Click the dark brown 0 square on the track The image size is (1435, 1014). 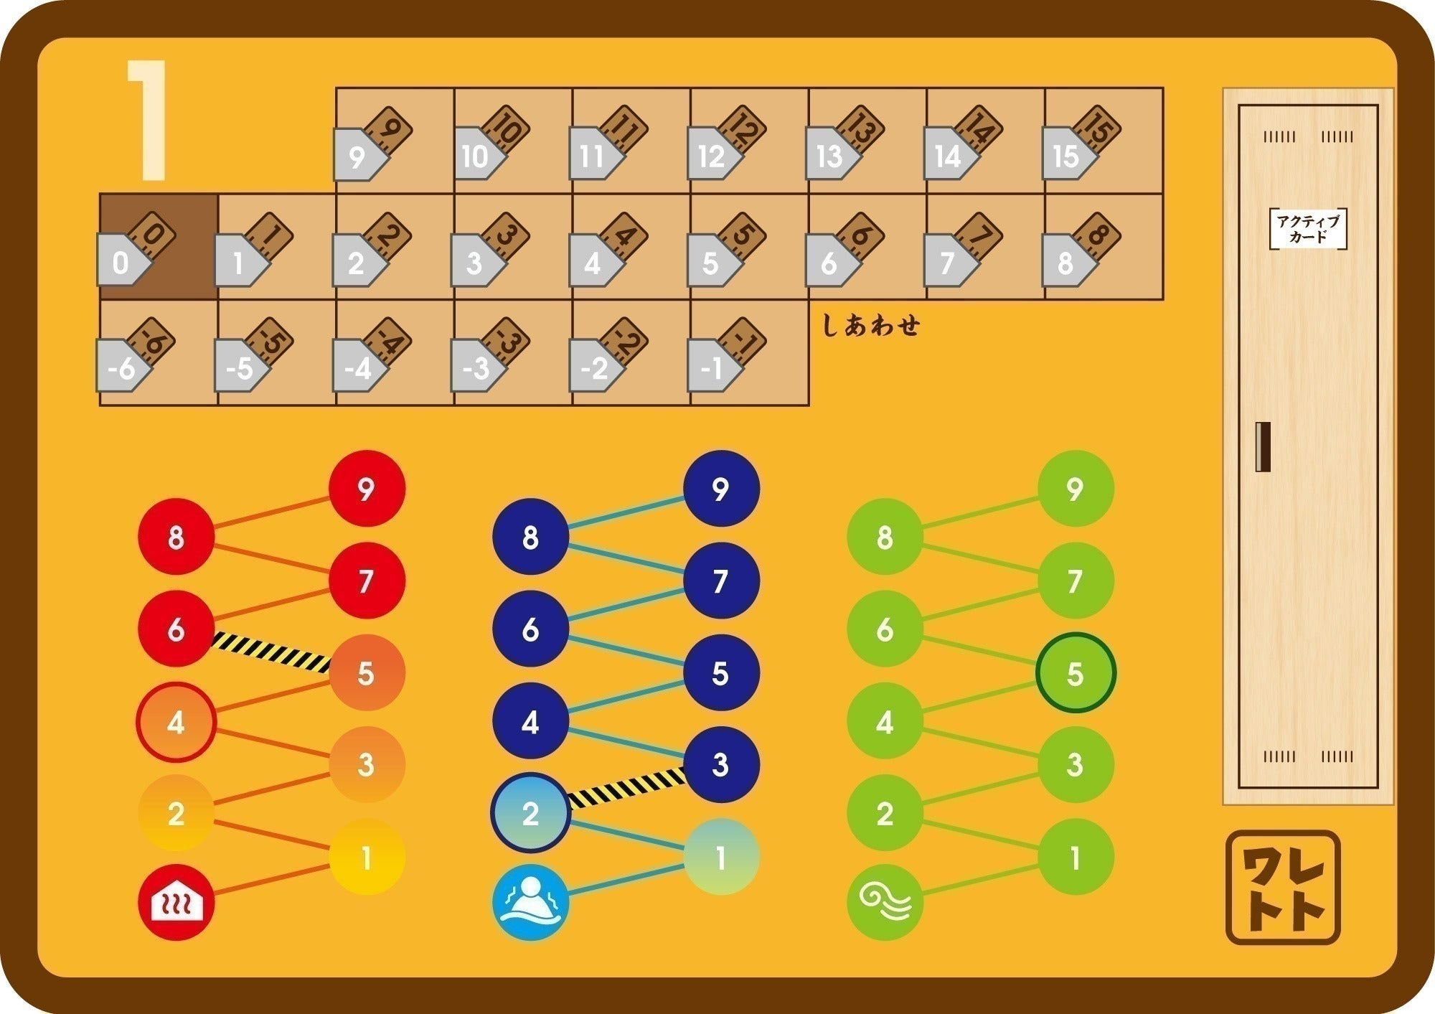tap(159, 246)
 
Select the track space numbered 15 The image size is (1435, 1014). tap(1104, 141)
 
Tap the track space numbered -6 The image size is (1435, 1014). tap(159, 353)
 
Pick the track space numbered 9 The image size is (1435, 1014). tap(395, 141)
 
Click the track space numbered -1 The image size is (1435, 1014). tap(749, 353)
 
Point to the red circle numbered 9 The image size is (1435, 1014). tap(367, 489)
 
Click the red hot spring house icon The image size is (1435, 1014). tap(176, 903)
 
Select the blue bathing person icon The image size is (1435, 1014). tap(530, 903)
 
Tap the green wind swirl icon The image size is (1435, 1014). tap(885, 903)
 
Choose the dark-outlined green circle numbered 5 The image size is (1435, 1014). tap(1075, 673)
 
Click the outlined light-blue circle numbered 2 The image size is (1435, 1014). tap(530, 813)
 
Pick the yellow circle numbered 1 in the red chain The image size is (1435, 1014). tap(367, 857)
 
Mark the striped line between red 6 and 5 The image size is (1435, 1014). tap(271, 652)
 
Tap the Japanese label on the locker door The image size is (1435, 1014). tap(1307, 229)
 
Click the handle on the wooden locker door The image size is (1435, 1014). tap(1263, 446)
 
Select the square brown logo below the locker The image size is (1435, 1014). tap(1283, 887)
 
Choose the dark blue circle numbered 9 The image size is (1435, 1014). tap(721, 489)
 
